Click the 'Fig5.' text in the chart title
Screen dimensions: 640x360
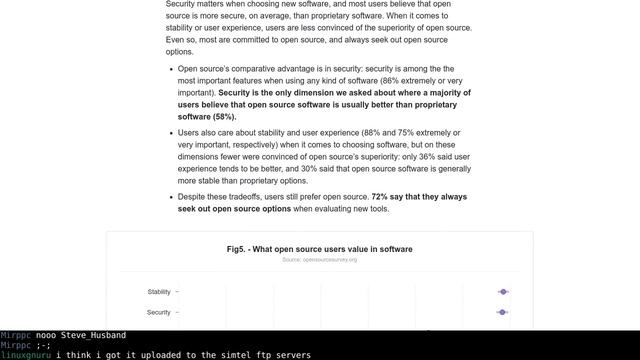237,249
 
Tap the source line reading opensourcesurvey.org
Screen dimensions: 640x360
319,260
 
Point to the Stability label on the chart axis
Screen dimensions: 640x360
159,292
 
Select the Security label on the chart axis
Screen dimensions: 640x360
159,312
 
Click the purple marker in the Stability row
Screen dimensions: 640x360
503,292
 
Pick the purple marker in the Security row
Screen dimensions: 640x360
503,312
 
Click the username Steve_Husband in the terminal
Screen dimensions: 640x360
93,336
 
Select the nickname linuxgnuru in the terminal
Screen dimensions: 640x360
26,355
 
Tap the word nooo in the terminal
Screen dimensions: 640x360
46,336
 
